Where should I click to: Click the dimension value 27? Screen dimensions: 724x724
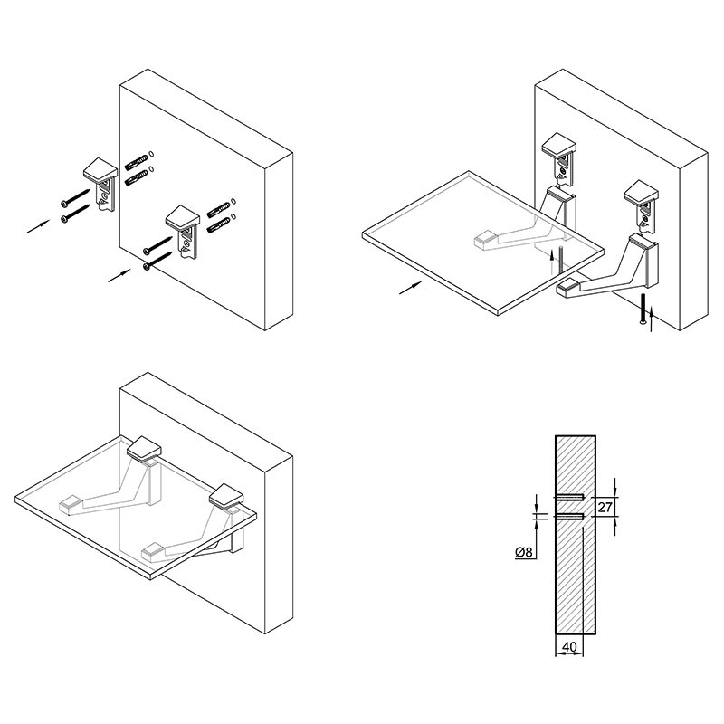tap(605, 508)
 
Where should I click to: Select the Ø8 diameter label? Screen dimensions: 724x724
tap(524, 551)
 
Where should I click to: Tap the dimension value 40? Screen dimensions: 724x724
tap(569, 647)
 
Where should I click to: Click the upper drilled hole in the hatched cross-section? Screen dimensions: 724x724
tap(570, 497)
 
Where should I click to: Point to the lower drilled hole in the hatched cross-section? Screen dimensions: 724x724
tap(570, 516)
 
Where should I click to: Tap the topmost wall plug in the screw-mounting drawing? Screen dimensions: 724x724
tap(138, 160)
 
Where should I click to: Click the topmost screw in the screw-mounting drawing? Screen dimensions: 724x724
tap(75, 196)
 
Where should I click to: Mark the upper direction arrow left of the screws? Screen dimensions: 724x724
tap(38, 226)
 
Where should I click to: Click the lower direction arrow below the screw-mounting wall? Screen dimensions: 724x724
tap(119, 276)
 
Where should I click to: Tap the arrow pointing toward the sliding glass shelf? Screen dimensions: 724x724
tap(411, 288)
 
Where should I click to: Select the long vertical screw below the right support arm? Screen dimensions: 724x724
tap(641, 309)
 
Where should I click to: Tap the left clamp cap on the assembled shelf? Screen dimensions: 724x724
tap(144, 449)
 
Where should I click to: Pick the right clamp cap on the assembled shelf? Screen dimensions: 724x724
tap(226, 496)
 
